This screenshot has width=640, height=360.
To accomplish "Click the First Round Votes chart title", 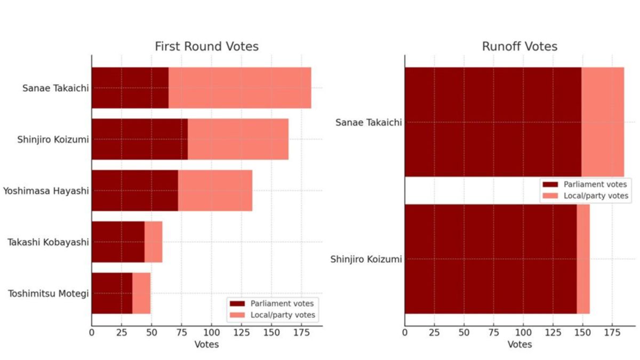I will pyautogui.click(x=206, y=46).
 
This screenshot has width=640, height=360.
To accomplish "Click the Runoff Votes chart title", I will pyautogui.click(x=519, y=46).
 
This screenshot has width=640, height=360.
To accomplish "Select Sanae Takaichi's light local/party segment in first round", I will pyautogui.click(x=239, y=88).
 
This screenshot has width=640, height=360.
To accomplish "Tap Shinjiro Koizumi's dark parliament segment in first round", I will pyautogui.click(x=139, y=139).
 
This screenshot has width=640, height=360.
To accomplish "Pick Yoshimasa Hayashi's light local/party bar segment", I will pyautogui.click(x=215, y=190).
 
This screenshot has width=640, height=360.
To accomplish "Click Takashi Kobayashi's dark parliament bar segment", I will pyautogui.click(x=118, y=242).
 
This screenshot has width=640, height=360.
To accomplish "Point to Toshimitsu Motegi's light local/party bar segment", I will pyautogui.click(x=141, y=293).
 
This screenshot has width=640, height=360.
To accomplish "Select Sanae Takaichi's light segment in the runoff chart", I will pyautogui.click(x=602, y=122).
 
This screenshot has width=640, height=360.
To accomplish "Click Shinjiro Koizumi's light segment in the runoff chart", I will pyautogui.click(x=583, y=259).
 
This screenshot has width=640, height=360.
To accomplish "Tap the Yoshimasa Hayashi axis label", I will pyautogui.click(x=46, y=190).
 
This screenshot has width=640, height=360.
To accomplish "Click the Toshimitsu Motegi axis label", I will pyautogui.click(x=48, y=293).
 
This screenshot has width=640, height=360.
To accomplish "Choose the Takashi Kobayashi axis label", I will pyautogui.click(x=48, y=242).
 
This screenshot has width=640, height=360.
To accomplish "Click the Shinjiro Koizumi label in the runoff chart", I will pyautogui.click(x=365, y=259).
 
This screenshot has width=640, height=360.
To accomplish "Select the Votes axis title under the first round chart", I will pyautogui.click(x=206, y=345).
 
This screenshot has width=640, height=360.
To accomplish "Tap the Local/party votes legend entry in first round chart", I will pyautogui.click(x=283, y=315).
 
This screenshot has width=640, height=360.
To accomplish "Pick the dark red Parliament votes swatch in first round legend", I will pyautogui.click(x=237, y=303).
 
